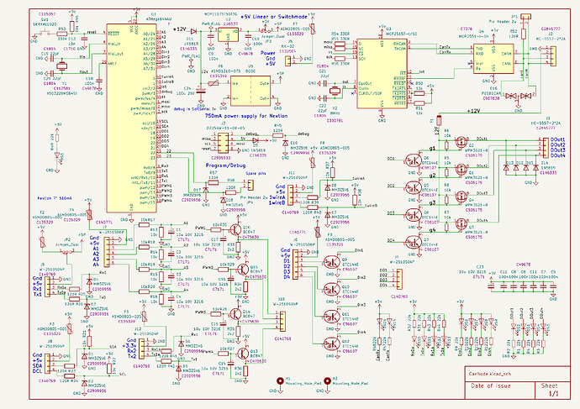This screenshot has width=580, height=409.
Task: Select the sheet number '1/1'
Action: coord(553,393)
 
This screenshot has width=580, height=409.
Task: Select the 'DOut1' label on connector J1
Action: coord(558,136)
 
